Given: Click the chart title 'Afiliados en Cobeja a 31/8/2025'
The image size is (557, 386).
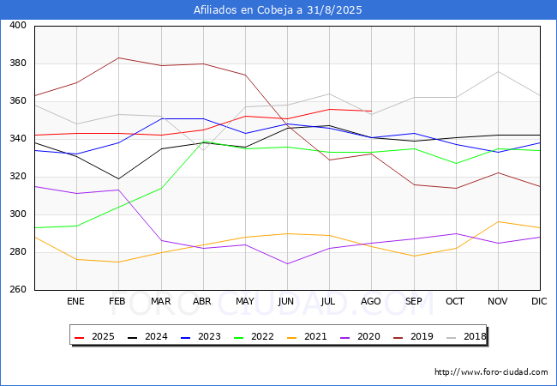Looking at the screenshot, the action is pos(278,10).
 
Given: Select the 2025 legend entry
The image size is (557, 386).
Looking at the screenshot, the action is pos(94,336).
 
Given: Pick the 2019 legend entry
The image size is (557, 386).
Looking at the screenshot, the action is pos(413,336).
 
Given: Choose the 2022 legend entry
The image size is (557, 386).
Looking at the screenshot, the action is pos(254,336).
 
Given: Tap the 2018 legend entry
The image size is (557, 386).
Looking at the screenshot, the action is pos(466,336).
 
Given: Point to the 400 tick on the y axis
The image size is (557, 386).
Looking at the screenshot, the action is pos(18,25).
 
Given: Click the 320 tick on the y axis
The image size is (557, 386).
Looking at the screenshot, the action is pos(18,177).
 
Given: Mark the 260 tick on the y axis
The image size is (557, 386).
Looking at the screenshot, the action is pos(18,289).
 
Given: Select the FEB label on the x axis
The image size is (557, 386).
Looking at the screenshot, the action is pos(117,301).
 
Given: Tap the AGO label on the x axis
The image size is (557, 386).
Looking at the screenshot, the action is pos(371,301).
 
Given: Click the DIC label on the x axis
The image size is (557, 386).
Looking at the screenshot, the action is pos(539,301).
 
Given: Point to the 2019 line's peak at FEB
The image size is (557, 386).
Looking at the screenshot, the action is pos(118,57).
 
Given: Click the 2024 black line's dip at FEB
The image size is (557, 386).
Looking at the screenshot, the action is pos(118,178).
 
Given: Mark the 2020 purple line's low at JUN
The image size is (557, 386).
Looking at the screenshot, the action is pos(287,263).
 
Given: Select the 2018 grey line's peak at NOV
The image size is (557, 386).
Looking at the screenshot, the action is pos(499,71).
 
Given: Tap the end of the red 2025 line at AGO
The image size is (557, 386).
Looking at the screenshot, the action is pos(372,111).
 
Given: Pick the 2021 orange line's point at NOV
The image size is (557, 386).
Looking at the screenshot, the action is pos(499,222).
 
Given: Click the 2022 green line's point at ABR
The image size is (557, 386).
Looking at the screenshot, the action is pos(203,142).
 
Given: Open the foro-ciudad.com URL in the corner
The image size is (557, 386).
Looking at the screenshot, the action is pos(491,372).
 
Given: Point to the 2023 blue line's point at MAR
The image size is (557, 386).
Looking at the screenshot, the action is pos(162,118).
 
